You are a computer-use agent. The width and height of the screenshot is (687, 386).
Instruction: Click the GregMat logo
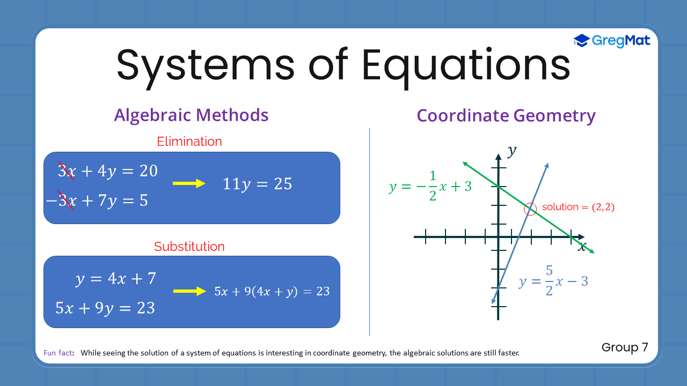tap(612, 41)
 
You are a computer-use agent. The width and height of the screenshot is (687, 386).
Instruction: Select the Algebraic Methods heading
tap(191, 115)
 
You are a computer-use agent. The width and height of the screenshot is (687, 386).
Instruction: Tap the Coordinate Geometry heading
tap(506, 116)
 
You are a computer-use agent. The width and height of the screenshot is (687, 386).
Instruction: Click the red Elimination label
tap(189, 142)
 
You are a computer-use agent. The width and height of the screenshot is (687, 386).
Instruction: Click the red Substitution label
tap(189, 247)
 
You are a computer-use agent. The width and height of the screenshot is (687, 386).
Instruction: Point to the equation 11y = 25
tap(257, 184)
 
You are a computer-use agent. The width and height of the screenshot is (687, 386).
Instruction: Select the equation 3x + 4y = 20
tap(108, 170)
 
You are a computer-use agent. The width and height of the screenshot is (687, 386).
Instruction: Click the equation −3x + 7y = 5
tap(97, 201)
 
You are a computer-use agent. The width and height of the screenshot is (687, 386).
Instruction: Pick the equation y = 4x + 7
tap(115, 279)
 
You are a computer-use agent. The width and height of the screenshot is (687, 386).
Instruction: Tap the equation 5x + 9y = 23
tap(105, 308)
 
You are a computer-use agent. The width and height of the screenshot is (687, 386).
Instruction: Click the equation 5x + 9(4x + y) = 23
tap(272, 292)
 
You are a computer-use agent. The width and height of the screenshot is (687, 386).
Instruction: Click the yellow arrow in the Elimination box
tap(189, 184)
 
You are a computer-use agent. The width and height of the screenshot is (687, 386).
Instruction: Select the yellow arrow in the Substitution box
tap(189, 292)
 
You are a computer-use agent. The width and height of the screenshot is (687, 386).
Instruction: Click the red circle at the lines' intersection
tap(530, 210)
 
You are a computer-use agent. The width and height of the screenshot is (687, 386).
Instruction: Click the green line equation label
tap(430, 187)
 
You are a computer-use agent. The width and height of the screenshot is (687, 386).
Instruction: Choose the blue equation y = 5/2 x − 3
tap(553, 281)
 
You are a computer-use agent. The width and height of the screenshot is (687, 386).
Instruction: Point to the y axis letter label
tap(512, 151)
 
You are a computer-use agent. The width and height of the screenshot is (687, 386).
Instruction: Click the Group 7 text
tap(625, 347)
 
